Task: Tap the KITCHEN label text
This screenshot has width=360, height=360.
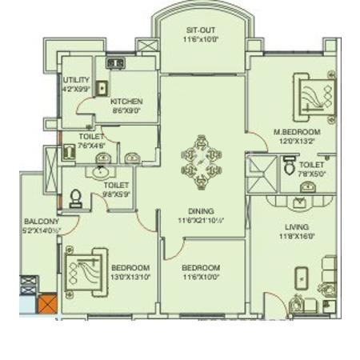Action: (x=126, y=102)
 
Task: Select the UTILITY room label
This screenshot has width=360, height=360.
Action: (x=77, y=80)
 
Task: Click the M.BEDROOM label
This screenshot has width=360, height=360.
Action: (x=297, y=131)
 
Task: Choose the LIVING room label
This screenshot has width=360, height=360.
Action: (x=297, y=226)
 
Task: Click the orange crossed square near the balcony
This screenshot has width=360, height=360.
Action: (x=48, y=305)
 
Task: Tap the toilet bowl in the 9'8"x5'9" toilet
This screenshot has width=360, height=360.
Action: (x=77, y=198)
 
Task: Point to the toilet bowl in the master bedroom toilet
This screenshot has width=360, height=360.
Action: (x=289, y=166)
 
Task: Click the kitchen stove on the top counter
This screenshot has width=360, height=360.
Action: (x=115, y=62)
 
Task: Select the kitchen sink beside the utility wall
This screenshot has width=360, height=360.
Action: (x=102, y=88)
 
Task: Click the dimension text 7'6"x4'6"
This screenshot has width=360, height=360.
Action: (x=91, y=146)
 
